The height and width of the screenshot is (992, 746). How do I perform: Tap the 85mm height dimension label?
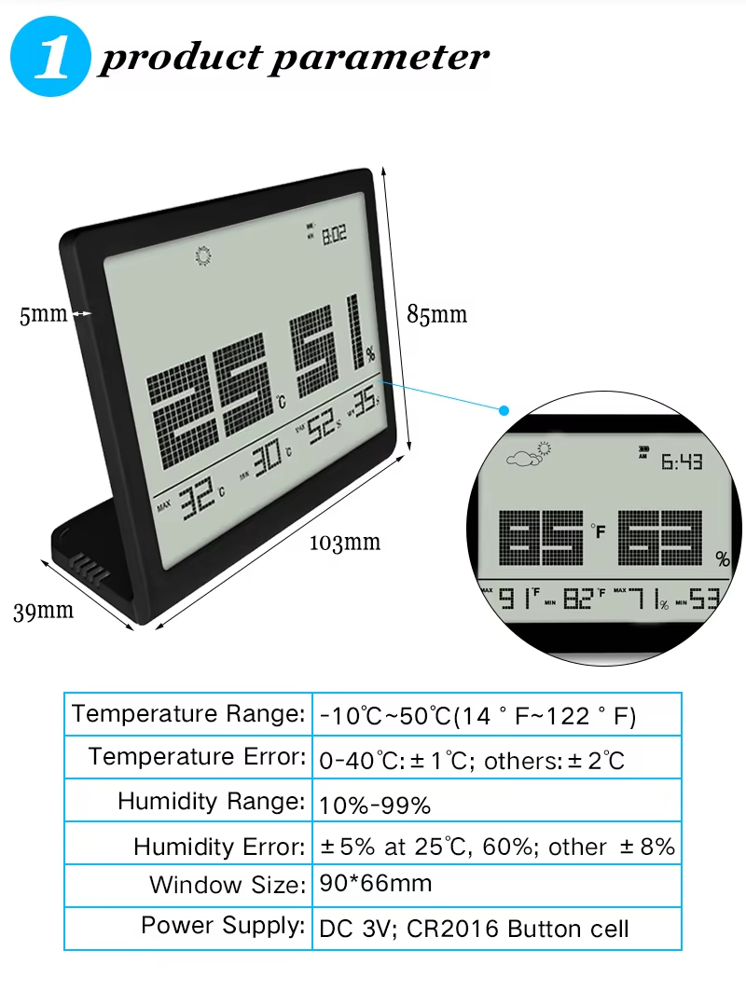point(436,314)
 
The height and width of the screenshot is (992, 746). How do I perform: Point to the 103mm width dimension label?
point(345,542)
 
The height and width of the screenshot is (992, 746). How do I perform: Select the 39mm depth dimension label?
point(43,611)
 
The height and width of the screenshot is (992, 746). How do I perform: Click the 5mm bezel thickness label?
point(43,315)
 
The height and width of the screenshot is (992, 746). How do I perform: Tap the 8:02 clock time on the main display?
point(334,236)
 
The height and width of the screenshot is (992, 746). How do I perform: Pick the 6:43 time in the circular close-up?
point(682,462)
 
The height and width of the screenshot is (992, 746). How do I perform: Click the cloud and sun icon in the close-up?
point(529,454)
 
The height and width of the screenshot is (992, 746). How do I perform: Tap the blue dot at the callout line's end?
point(504,409)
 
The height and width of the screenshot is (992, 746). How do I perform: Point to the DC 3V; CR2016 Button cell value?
point(474,929)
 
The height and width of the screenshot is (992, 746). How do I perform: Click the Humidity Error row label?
point(219,847)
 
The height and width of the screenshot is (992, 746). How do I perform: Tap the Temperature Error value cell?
point(471,761)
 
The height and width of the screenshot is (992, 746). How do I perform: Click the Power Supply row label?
point(223,926)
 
